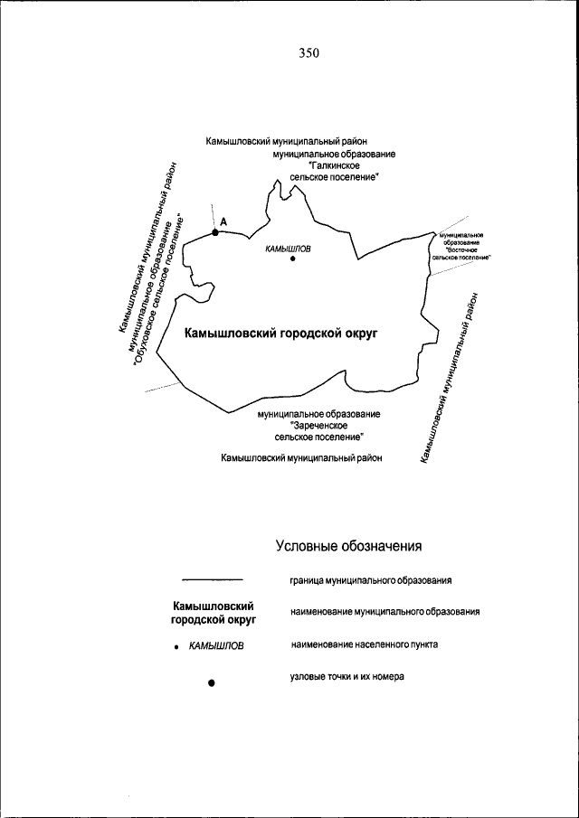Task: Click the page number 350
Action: pyautogui.click(x=308, y=53)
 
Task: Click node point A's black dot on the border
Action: pyautogui.click(x=215, y=233)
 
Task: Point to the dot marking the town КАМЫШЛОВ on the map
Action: pyautogui.click(x=293, y=260)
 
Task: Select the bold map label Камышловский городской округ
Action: pyautogui.click(x=280, y=334)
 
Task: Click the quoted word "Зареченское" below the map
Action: pyautogui.click(x=318, y=425)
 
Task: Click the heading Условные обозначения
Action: pyautogui.click(x=349, y=547)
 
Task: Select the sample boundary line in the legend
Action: pyautogui.click(x=213, y=579)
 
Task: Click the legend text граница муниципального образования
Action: pyautogui.click(x=371, y=579)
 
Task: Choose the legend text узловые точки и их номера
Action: pyautogui.click(x=347, y=676)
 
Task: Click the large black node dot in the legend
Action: pyautogui.click(x=211, y=684)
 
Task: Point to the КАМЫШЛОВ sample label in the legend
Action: pyautogui.click(x=216, y=646)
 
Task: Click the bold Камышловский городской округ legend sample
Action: pyautogui.click(x=213, y=613)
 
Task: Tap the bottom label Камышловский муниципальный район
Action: pyautogui.click(x=301, y=458)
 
